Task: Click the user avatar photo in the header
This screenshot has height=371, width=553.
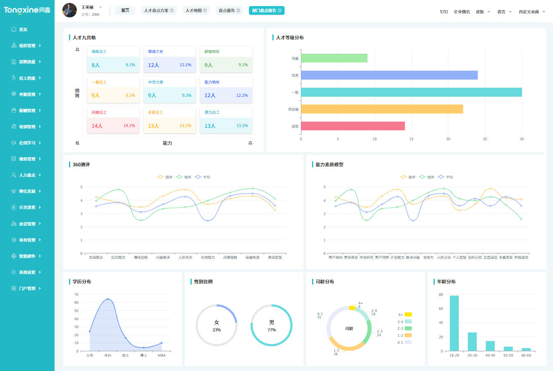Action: (x=69, y=10)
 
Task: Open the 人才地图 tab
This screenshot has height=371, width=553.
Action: (x=193, y=10)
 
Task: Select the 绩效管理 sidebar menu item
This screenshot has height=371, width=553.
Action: (x=27, y=159)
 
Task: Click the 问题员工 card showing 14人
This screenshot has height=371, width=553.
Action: (x=113, y=120)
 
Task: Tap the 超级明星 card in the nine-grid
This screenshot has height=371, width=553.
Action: (x=226, y=60)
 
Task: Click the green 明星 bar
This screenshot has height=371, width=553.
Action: (x=334, y=58)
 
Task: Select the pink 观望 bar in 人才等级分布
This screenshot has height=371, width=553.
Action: (x=353, y=126)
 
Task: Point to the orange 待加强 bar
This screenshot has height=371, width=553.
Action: (x=381, y=109)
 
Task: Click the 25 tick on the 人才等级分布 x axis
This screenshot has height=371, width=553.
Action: (x=485, y=139)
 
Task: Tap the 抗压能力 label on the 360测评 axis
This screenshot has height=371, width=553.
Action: (x=118, y=257)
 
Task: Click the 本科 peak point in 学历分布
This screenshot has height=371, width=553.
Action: (x=108, y=299)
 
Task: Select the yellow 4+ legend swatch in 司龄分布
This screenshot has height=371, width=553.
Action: (x=408, y=314)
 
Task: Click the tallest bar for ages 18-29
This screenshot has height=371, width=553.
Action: (x=454, y=323)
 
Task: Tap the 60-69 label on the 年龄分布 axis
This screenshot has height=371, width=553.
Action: (x=526, y=355)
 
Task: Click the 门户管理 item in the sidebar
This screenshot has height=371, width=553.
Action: (x=27, y=288)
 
